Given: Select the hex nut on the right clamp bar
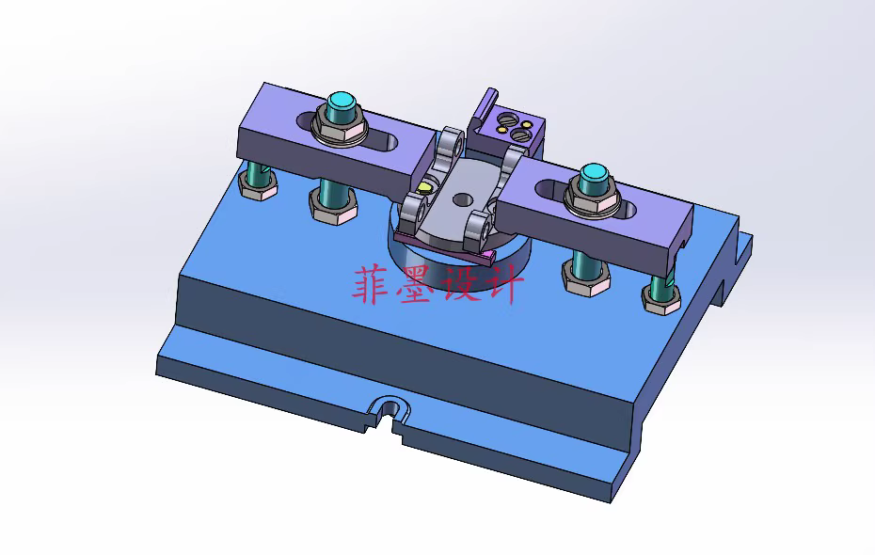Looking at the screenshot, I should (593, 201).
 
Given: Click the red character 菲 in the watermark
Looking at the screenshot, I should (371, 284).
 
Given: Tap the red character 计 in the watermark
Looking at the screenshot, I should (499, 284).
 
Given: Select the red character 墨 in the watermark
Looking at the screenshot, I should (412, 284).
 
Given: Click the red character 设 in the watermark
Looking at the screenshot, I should (455, 284).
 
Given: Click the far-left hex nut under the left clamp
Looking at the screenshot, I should (257, 185).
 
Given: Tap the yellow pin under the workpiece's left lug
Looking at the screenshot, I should (425, 187).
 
